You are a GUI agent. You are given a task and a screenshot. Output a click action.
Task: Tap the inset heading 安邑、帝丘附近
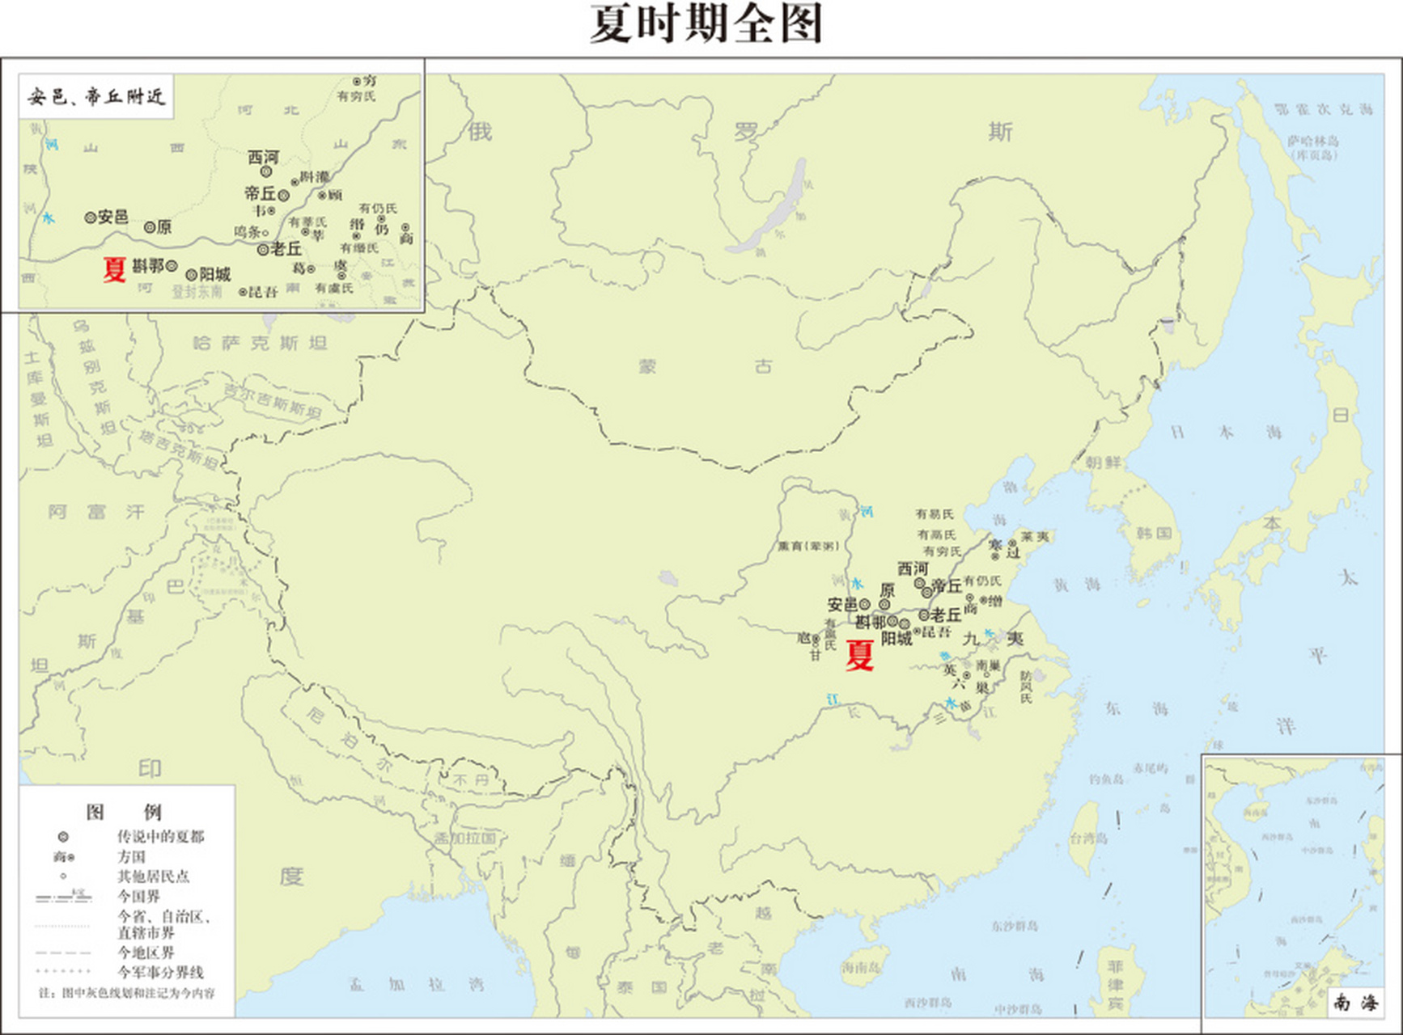pos(95,97)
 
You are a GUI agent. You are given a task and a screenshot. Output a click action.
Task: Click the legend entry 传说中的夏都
pos(160,836)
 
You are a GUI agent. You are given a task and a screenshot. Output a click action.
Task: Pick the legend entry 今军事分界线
pos(160,972)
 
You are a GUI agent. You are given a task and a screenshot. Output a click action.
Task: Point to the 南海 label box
pos(1354,1003)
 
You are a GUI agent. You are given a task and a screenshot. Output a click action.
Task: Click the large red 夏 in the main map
pos(859,655)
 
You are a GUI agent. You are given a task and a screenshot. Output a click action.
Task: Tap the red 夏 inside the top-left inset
pos(114,269)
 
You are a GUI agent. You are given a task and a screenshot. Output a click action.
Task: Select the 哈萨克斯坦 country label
pos(260,343)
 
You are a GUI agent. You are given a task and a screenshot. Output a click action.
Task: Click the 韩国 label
pos(1154,534)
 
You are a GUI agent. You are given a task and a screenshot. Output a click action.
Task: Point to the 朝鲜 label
pos(1103,463)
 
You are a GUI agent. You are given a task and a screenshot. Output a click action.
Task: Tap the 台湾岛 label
pos(1088,838)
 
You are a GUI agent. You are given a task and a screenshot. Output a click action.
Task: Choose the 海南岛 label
pos(859,967)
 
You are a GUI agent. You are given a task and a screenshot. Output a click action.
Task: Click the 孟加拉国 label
pos(464,838)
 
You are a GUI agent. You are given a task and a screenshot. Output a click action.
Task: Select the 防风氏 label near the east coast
pos(1026,686)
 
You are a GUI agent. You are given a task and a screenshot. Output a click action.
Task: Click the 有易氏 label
pos(935,513)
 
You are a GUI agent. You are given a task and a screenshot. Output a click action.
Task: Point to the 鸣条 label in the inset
pos(248,232)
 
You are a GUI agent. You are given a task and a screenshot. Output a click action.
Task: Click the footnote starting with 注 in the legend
pos(127,993)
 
